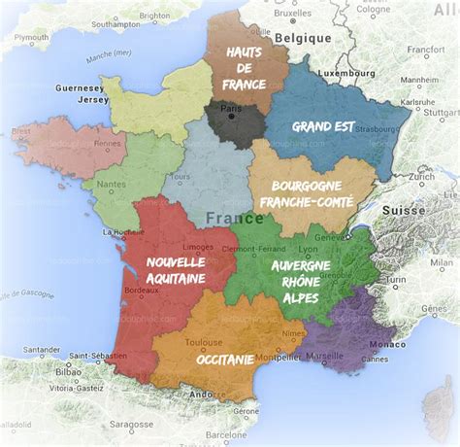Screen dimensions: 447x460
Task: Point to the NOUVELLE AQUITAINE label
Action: coord(176,270)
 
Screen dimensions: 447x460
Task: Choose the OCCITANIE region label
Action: coord(225,359)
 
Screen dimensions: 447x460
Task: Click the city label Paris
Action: coord(230,107)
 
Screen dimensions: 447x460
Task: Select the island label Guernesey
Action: coord(81,87)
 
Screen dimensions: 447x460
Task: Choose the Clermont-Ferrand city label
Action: coord(253,247)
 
